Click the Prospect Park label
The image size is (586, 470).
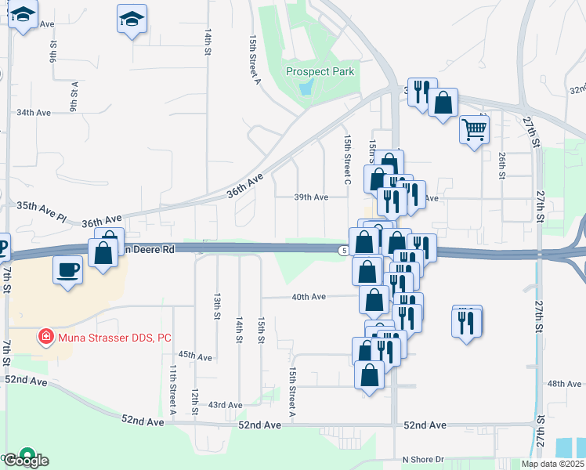coord(320,71)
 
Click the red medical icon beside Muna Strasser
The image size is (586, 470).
coord(46,337)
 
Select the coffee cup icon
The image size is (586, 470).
coord(68,270)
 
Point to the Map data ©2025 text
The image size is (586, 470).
coord(552,463)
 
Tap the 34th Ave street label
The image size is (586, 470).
coord(34,113)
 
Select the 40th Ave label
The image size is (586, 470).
coord(308,297)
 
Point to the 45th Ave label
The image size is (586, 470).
coord(195,356)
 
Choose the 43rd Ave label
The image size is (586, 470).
coord(225,405)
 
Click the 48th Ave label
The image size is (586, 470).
coord(564,384)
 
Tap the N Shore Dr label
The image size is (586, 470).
coord(423,459)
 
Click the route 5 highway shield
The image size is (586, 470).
coord(345,250)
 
